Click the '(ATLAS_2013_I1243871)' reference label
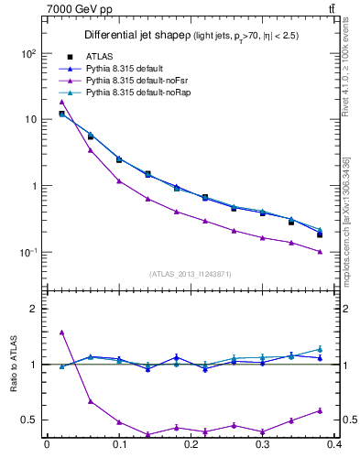pyautogui.click(x=189, y=274)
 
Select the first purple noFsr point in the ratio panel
pyautogui.click(x=61, y=333)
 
